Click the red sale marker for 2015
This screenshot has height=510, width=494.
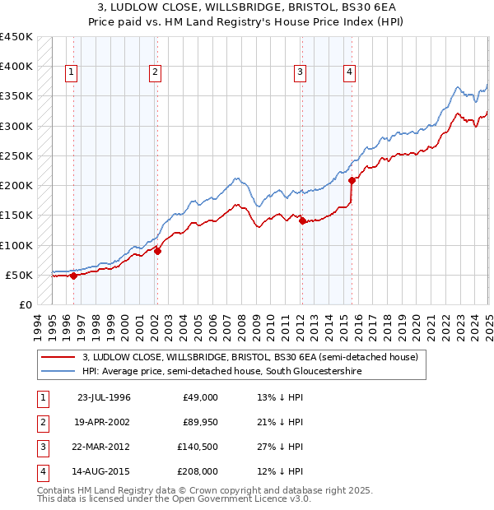click(352, 180)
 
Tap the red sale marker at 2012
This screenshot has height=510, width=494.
click(302, 220)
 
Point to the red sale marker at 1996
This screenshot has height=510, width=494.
click(73, 276)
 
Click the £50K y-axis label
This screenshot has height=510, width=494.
click(19, 275)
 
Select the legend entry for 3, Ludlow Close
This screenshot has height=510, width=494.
click(250, 357)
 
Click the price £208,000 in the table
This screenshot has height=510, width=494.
click(198, 471)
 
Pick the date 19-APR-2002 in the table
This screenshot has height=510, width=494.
click(104, 422)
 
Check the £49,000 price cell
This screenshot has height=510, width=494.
click(200, 397)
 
